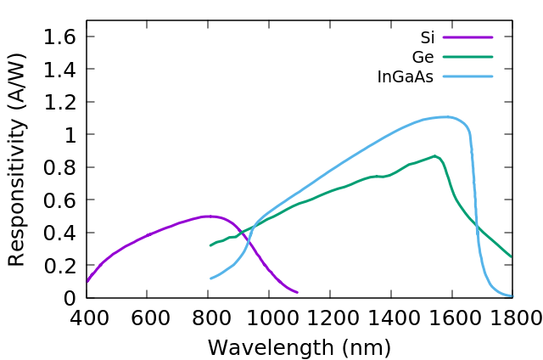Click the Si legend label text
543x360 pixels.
click(x=428, y=38)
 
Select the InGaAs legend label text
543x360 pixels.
click(x=406, y=77)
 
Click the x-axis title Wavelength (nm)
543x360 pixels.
click(x=299, y=347)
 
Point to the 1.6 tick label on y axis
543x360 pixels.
click(x=58, y=37)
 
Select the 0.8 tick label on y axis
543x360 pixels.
click(x=58, y=167)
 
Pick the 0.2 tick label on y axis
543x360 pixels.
click(x=58, y=265)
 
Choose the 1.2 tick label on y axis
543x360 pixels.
click(x=58, y=102)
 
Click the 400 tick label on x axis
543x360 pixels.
click(x=87, y=318)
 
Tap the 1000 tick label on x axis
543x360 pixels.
click(x=268, y=318)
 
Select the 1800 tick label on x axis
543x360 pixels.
click(x=512, y=318)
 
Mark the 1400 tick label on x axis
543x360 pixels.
click(x=390, y=318)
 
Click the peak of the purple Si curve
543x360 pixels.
click(x=208, y=217)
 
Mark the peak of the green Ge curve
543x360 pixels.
click(x=434, y=156)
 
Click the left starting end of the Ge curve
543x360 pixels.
click(x=210, y=245)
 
